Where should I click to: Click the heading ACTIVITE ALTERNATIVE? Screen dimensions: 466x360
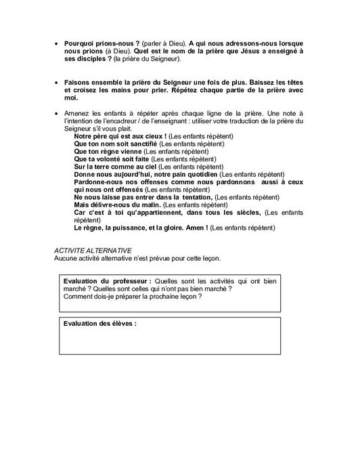click(x=93, y=250)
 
